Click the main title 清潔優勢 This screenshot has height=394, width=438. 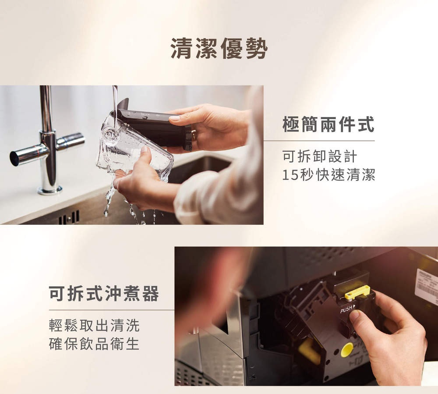[x=219, y=49]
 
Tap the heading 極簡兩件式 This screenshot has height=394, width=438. [x=328, y=124]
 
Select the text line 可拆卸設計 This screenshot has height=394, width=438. [x=319, y=156]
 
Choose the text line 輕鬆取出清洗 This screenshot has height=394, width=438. [x=94, y=326]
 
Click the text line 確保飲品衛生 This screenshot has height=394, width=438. [x=94, y=344]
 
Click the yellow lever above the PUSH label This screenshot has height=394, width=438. [x=357, y=292]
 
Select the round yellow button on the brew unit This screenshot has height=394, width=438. [x=346, y=350]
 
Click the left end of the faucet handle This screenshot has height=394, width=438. [x=14, y=158]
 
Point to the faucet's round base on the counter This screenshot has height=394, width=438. [x=50, y=190]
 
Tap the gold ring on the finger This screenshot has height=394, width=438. [x=194, y=135]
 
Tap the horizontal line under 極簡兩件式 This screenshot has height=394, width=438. [x=319, y=141]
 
